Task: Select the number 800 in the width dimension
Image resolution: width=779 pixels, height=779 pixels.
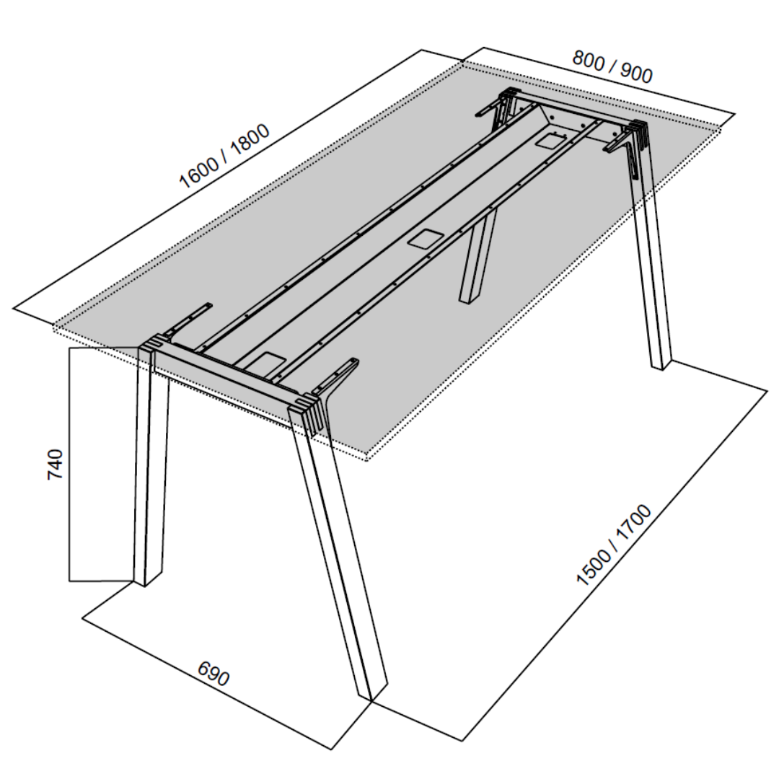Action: click(x=589, y=59)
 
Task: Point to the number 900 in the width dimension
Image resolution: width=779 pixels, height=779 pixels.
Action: click(x=636, y=74)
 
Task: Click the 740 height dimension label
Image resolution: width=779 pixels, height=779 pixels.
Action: click(x=56, y=464)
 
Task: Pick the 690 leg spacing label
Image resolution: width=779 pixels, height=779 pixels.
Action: click(x=214, y=674)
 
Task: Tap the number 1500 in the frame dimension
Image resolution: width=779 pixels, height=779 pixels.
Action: click(x=593, y=566)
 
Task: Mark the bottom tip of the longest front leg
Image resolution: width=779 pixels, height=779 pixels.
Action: click(x=371, y=700)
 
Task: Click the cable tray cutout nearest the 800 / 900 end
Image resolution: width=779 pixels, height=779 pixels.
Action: click(x=550, y=141)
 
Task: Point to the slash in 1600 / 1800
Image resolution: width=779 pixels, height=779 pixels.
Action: click(x=224, y=156)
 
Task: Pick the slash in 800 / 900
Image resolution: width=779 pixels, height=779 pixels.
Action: click(x=612, y=66)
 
